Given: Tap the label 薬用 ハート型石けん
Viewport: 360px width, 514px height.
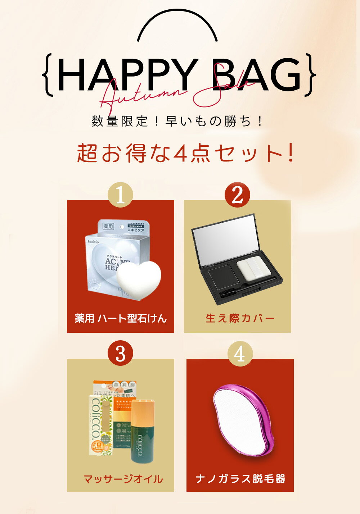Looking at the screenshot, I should pos(121,318).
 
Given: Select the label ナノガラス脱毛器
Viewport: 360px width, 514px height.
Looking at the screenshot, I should pos(240,479).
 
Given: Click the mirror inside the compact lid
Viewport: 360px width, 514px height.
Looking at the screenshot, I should pos(223,238).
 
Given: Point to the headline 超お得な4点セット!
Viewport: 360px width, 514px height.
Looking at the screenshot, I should pos(186,153).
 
